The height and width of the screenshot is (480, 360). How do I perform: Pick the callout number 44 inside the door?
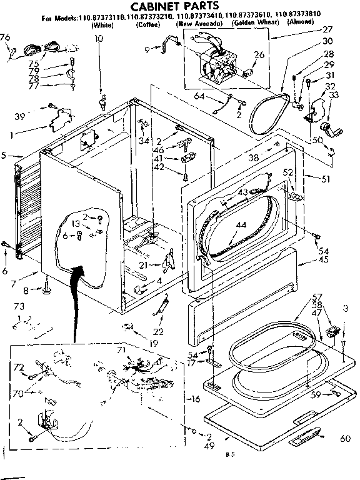point(240,224)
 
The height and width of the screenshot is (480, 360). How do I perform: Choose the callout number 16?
point(196,399)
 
